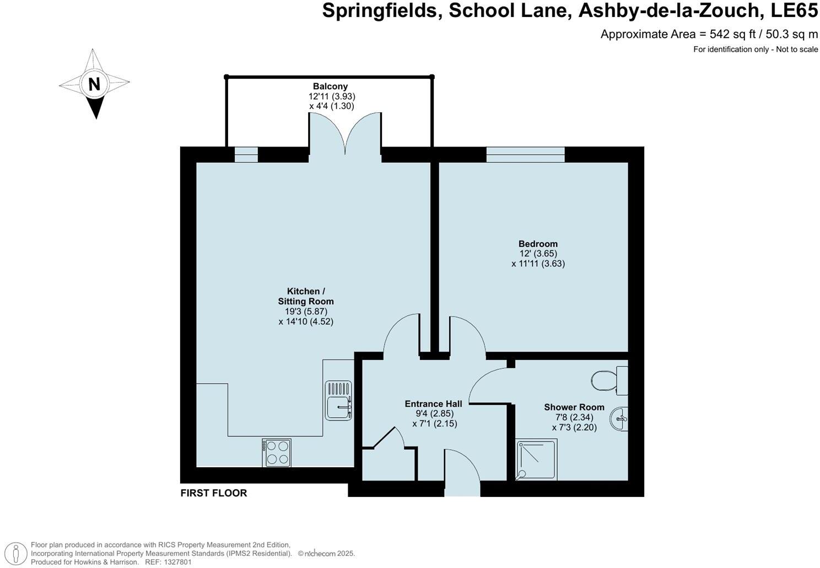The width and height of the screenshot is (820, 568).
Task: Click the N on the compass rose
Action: tap(94, 84)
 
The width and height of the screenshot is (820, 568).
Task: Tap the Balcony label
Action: tap(330, 86)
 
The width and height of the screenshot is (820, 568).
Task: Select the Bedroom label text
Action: tap(538, 244)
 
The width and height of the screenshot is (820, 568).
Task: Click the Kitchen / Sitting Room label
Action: tap(306, 296)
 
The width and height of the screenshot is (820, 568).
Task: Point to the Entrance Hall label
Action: tap(433, 403)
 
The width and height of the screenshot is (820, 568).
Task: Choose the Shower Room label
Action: tap(574, 407)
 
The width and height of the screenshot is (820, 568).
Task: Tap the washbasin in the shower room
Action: tap(619, 419)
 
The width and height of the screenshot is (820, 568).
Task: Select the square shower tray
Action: tap(536, 459)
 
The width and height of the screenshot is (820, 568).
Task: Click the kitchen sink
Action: tap(338, 401)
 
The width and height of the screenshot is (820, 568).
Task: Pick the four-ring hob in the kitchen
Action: tap(277, 452)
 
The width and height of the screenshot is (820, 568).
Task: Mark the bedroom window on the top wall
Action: tap(526, 155)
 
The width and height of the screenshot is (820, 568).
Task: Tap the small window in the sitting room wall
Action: tap(246, 155)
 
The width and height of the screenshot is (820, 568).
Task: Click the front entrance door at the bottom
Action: tap(462, 473)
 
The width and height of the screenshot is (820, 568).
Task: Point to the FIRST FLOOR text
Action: tap(214, 493)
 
